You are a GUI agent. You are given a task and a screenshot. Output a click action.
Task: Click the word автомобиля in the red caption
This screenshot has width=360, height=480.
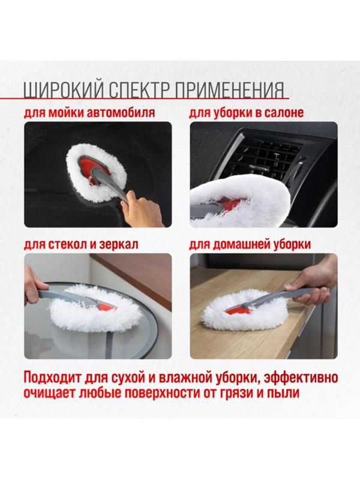coord(121,113)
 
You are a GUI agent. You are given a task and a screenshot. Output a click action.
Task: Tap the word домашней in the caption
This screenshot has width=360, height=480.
coord(242,244)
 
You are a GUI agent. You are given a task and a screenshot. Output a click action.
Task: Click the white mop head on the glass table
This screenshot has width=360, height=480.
coord(96,309)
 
